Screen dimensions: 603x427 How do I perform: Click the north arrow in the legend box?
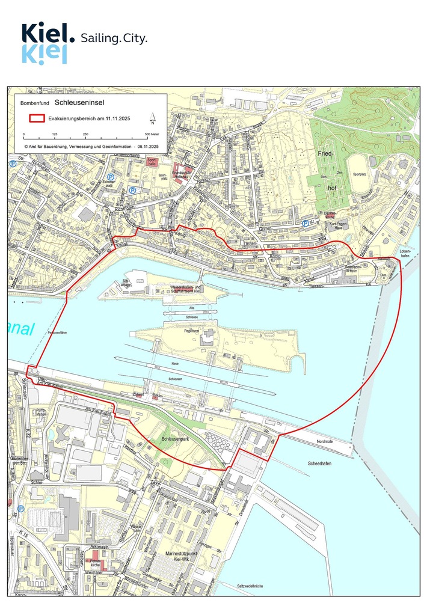coord(153,118)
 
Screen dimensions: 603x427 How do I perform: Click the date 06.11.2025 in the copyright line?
coord(147,145)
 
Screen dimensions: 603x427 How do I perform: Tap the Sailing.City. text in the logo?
coord(113,38)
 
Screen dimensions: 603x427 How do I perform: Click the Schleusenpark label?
coord(176,440)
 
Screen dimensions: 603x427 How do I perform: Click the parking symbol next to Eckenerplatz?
coord(111,177)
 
